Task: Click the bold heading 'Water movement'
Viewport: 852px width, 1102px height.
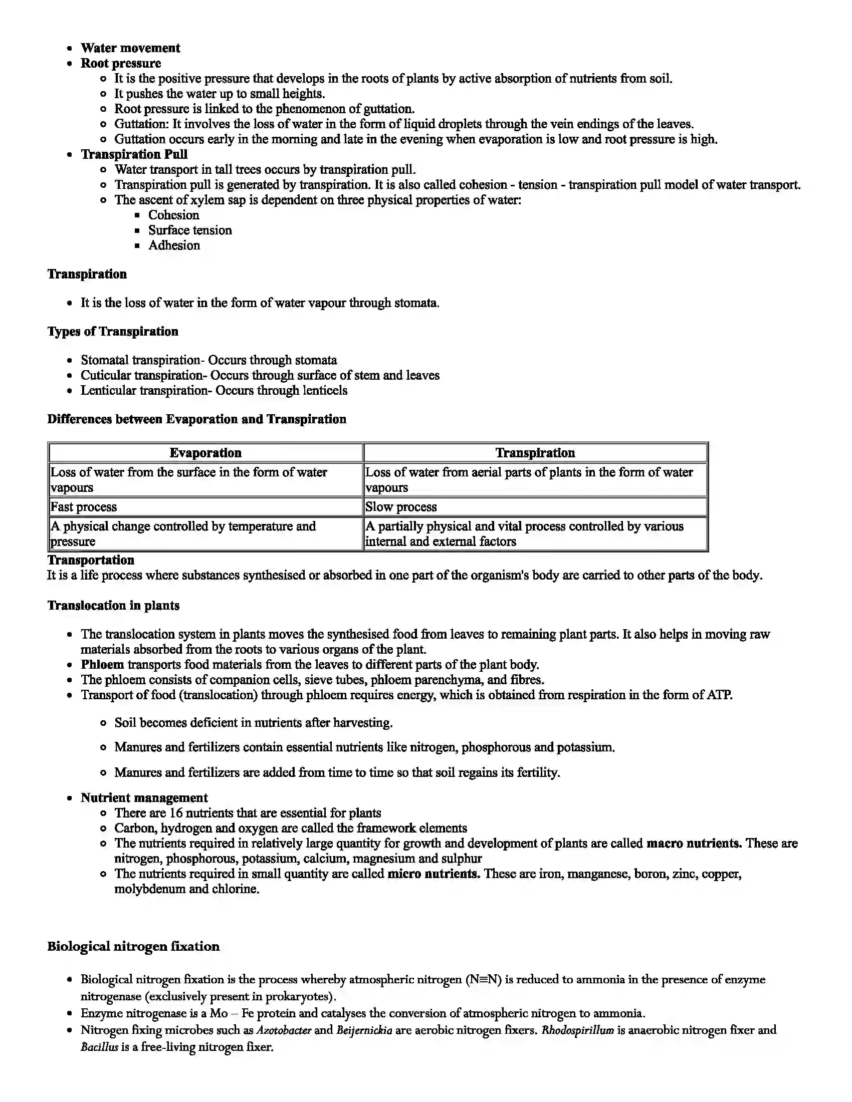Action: click(x=130, y=48)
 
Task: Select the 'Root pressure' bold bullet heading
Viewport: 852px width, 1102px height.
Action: click(x=121, y=63)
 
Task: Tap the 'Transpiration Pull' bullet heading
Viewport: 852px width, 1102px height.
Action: click(x=134, y=154)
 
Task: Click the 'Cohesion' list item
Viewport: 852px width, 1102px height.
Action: click(x=173, y=215)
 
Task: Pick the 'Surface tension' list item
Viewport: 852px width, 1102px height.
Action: click(x=190, y=230)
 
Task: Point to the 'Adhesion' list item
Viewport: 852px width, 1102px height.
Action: click(x=173, y=245)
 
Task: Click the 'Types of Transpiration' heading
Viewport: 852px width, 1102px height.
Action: click(x=113, y=332)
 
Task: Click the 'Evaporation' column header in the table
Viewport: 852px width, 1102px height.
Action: click(x=205, y=453)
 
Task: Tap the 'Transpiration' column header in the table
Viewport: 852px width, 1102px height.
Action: click(x=535, y=453)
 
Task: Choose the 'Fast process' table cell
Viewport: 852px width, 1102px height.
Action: click(x=83, y=506)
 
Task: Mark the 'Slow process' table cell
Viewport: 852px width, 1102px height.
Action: click(x=401, y=506)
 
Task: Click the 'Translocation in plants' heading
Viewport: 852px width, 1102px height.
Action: click(x=113, y=606)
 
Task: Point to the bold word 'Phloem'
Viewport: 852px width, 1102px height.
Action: click(x=102, y=665)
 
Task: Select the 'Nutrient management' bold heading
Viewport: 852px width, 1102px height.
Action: click(x=144, y=798)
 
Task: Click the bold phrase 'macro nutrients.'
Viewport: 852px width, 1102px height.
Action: click(x=694, y=843)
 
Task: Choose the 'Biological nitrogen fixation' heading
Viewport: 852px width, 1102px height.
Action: click(x=133, y=946)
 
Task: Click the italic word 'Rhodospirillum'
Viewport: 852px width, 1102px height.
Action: click(x=577, y=1030)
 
